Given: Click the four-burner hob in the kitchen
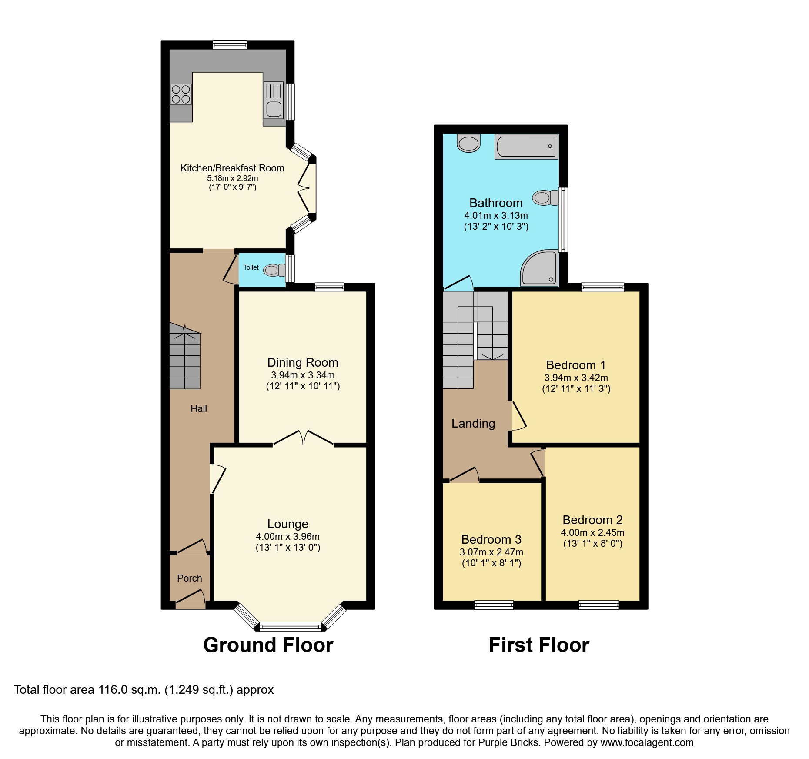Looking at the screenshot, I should [x=181, y=94].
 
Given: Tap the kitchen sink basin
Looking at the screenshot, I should [x=274, y=108].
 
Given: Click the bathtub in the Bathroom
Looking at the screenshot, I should [x=526, y=147].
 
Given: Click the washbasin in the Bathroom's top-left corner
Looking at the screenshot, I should [x=468, y=143].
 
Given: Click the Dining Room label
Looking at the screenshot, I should [x=303, y=362].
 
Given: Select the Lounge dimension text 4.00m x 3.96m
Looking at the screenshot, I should [x=287, y=536].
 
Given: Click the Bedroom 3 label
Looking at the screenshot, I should [x=491, y=539].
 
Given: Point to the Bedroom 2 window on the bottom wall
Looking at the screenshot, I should [x=598, y=605].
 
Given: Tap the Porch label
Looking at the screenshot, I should [x=190, y=578].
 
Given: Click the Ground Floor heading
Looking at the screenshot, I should [x=268, y=645].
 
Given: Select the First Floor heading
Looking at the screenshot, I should [x=538, y=645].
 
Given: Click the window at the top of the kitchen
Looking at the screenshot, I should [x=230, y=45].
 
